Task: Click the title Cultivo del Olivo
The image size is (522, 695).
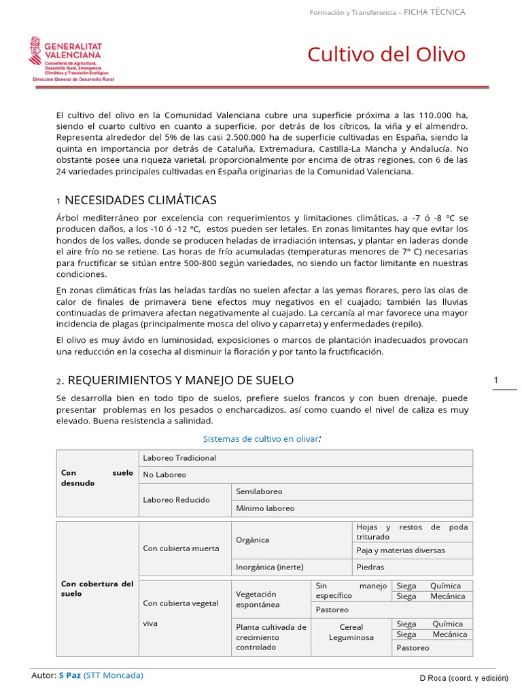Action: point(386,54)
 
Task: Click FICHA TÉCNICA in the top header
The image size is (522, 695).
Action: point(435,12)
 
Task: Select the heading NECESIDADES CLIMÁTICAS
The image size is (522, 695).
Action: point(140,200)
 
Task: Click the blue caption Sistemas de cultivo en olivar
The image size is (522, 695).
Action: point(261,439)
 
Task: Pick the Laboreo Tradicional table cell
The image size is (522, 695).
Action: point(179,457)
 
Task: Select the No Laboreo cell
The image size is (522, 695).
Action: point(164,474)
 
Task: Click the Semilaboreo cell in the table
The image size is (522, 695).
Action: point(259,491)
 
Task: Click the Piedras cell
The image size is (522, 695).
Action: point(370,567)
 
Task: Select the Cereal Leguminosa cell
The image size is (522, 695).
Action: point(351,632)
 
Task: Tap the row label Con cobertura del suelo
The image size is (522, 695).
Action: point(97,588)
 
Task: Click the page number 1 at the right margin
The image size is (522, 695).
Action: point(496,380)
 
